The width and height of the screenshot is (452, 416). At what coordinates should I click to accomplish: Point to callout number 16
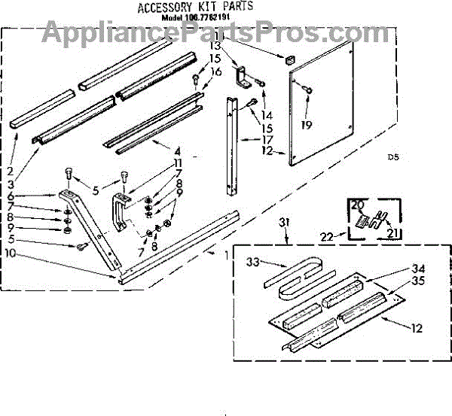tap(217, 72)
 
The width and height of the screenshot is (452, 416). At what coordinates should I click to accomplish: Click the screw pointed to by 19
tap(308, 90)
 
